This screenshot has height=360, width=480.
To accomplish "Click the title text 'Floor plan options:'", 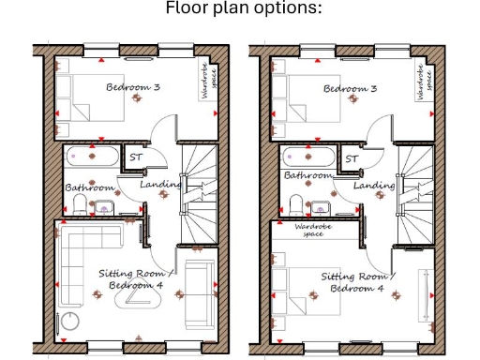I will [243, 8].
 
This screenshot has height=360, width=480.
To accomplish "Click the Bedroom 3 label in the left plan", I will [132, 87].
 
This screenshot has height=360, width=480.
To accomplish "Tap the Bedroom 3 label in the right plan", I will [350, 88].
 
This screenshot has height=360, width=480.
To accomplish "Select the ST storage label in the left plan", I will [135, 158].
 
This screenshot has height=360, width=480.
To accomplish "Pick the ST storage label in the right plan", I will [352, 158].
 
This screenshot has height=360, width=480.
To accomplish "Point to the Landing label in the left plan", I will [160, 185].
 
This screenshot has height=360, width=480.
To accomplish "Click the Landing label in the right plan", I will [374, 186].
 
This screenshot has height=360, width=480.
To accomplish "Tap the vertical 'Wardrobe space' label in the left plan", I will [203, 81].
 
